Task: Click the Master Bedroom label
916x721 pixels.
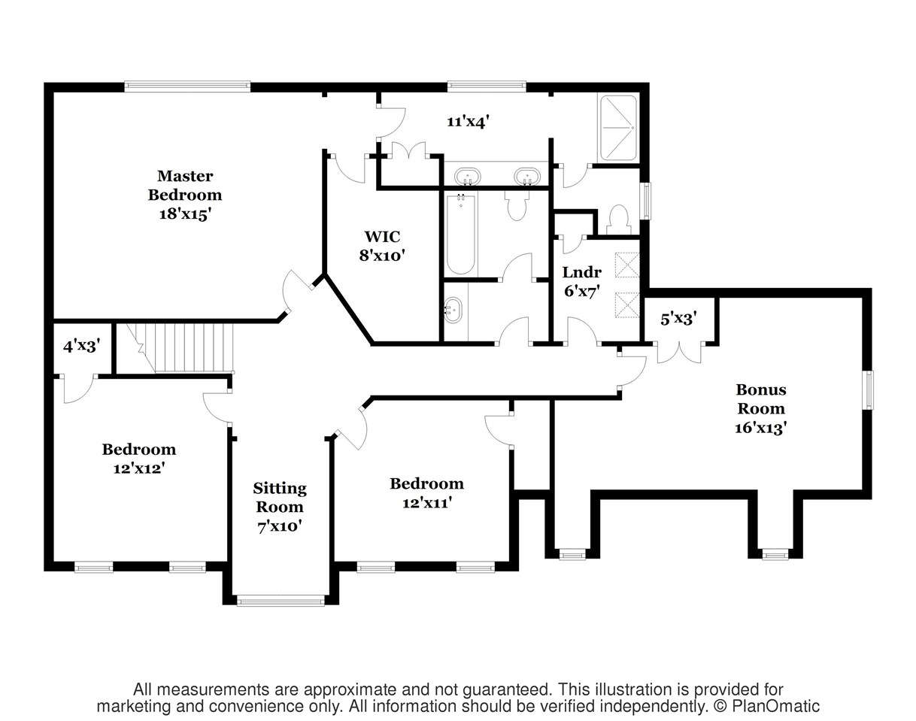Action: click(x=184, y=195)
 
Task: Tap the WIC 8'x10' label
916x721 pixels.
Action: click(x=382, y=246)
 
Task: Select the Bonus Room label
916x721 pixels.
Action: click(x=760, y=408)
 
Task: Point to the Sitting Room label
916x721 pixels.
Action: click(x=280, y=507)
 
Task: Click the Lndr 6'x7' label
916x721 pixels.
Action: click(x=581, y=281)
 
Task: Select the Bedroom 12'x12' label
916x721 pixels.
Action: click(x=139, y=458)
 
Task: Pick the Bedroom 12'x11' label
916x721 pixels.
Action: click(x=426, y=492)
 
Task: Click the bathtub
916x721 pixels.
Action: click(x=460, y=235)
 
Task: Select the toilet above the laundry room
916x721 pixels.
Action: click(x=617, y=219)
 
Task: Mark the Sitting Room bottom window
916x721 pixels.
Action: click(x=281, y=600)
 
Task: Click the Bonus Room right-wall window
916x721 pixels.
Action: click(x=868, y=390)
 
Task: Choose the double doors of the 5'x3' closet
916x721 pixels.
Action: click(x=679, y=351)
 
